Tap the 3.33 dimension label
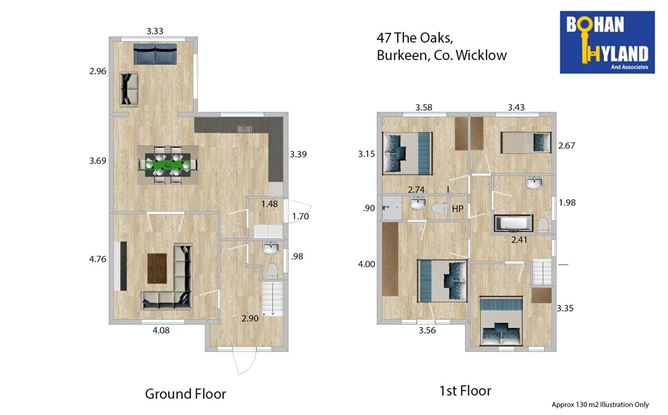155,32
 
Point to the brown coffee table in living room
158,266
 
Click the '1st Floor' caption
464,390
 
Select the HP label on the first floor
457,209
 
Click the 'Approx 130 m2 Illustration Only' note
594,405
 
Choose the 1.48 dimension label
268,205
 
